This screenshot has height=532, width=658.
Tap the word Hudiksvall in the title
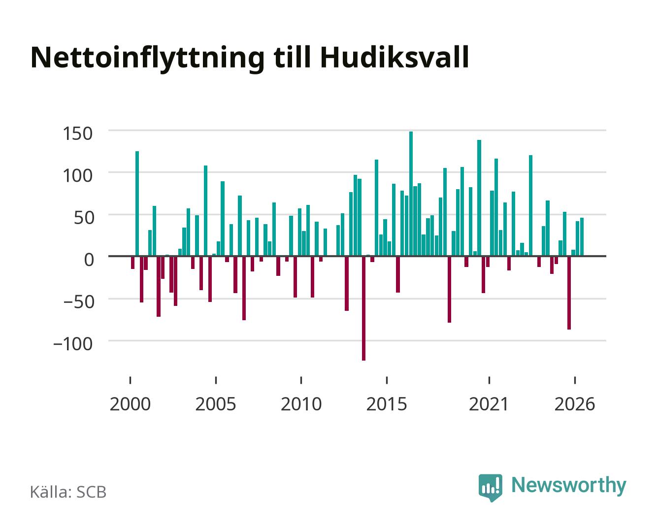(x=395, y=57)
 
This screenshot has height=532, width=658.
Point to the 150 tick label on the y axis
(x=77, y=133)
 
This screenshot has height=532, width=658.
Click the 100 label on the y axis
(x=77, y=175)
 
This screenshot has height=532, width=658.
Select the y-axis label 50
(x=84, y=218)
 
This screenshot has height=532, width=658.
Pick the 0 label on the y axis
(x=89, y=260)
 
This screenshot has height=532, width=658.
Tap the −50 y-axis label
(x=78, y=301)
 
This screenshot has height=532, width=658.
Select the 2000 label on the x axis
(x=130, y=404)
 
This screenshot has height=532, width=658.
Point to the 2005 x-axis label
(x=216, y=404)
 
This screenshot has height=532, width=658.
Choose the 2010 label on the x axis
(x=301, y=404)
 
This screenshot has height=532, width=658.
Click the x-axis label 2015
(x=387, y=404)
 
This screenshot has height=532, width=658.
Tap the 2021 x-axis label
(x=489, y=404)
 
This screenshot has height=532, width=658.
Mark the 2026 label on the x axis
(x=575, y=404)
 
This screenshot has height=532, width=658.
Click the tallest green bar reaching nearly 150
(x=411, y=194)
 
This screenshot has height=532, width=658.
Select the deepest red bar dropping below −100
(x=363, y=308)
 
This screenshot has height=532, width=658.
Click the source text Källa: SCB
(x=68, y=492)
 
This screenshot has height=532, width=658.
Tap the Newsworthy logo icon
(x=490, y=488)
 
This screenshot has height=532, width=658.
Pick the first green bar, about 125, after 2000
(x=137, y=203)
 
